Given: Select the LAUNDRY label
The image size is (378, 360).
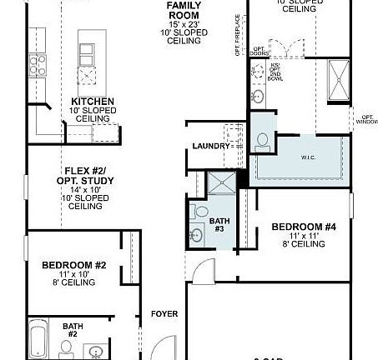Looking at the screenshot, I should pyautogui.click(x=210, y=146).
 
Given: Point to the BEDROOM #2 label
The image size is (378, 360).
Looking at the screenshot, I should pyautogui.click(x=74, y=265).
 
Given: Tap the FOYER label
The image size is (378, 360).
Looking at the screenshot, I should pyautogui.click(x=164, y=314).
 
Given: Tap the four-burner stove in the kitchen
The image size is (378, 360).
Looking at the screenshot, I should pyautogui.click(x=38, y=62).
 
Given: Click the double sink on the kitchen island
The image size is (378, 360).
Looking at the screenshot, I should pyautogui.click(x=88, y=52).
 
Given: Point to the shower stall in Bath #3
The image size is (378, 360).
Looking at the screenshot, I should pyautogui.click(x=219, y=185).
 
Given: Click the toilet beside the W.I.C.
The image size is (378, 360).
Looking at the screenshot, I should pyautogui.click(x=263, y=143).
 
